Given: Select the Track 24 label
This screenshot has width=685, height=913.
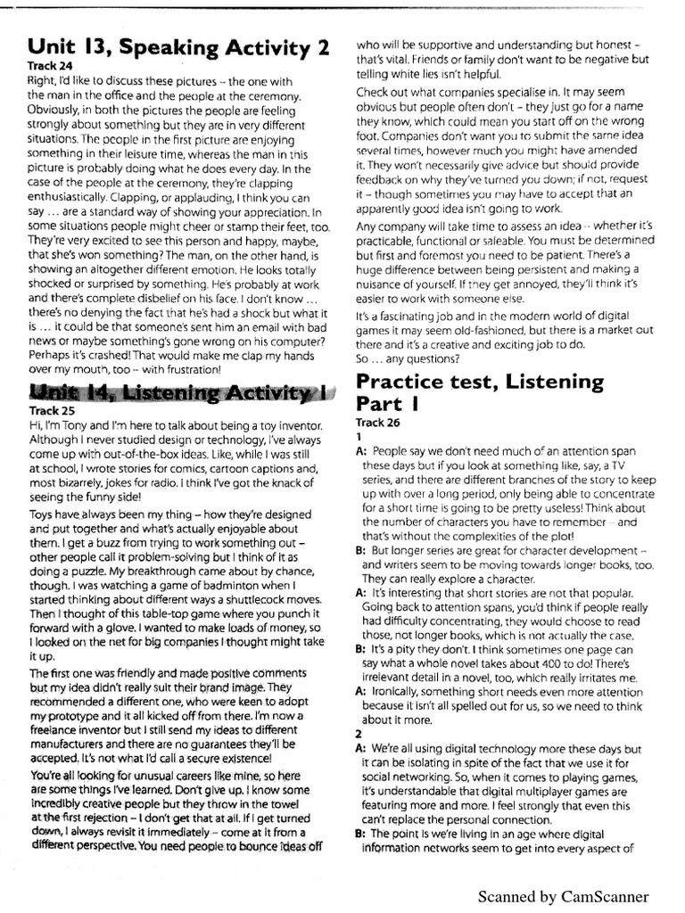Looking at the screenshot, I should tap(46, 66).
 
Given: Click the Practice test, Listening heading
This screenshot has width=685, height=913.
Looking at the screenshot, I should tap(480, 382).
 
